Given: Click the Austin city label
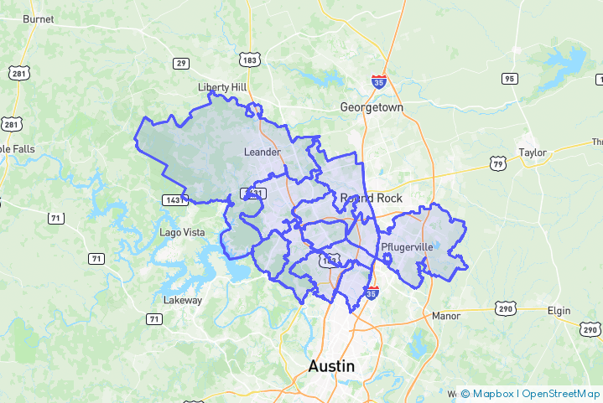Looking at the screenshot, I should (x=331, y=366).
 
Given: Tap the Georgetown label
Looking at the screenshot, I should (x=372, y=108).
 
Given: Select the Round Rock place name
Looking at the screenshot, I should (x=372, y=199).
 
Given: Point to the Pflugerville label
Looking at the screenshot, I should (x=407, y=248).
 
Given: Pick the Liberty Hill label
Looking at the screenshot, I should (x=223, y=87).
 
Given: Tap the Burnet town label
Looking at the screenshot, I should (x=38, y=18).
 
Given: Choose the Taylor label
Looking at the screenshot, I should (x=533, y=152).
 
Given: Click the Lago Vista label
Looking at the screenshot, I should (x=182, y=232).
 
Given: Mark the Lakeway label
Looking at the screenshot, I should (x=183, y=300).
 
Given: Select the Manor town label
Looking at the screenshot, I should (x=446, y=316).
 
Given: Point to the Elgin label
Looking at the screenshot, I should (x=559, y=311).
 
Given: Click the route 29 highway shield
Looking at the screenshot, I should (x=181, y=63).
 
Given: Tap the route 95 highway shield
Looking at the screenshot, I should (x=508, y=78).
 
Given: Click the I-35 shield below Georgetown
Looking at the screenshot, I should (x=379, y=82).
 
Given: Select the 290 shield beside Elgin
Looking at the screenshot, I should (x=590, y=328).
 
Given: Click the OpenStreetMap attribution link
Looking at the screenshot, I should (x=560, y=393).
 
